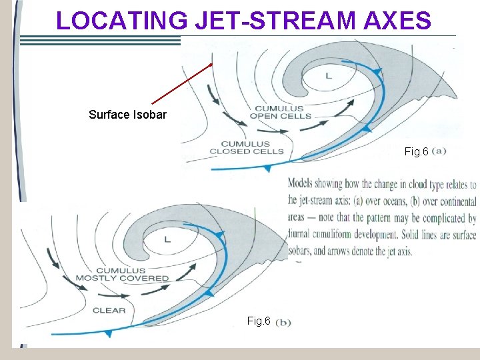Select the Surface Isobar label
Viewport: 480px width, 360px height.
(x=127, y=114)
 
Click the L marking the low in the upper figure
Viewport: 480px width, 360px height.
(x=328, y=76)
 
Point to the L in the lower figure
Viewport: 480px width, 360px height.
(x=167, y=239)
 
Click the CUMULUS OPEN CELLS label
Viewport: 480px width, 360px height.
(x=281, y=112)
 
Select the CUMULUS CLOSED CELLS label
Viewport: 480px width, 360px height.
(x=246, y=147)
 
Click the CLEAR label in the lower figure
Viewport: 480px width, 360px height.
(x=109, y=310)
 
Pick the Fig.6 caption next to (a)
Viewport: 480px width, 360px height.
(x=417, y=152)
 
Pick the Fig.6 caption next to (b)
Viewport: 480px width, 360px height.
(x=259, y=321)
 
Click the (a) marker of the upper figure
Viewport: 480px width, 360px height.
(x=439, y=151)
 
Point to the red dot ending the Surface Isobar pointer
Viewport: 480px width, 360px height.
(x=212, y=65)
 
